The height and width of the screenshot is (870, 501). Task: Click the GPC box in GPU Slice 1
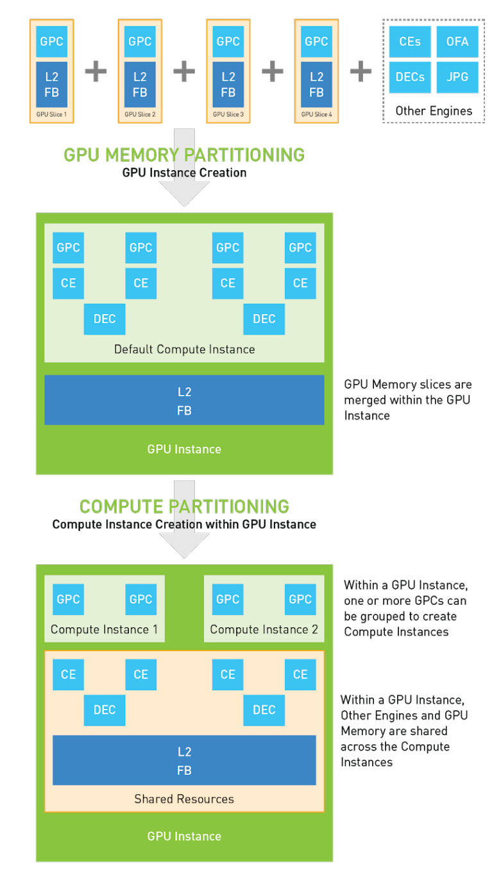51,42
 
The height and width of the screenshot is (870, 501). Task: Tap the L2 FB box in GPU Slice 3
228,85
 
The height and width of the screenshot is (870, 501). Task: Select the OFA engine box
457,42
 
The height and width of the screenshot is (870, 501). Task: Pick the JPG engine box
457,77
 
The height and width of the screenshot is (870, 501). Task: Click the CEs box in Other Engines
410,42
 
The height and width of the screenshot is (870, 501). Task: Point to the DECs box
410,77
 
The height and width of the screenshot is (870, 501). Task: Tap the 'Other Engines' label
434,110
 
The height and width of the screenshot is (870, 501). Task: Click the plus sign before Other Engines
361,71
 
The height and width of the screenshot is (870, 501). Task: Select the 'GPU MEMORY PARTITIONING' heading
184,155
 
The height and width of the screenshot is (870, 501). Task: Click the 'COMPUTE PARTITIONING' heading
184,506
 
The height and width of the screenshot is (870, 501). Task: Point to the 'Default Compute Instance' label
184,349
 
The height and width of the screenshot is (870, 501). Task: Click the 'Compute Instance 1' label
104,629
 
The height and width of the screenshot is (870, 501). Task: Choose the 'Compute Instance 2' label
264,629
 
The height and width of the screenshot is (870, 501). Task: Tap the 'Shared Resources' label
184,799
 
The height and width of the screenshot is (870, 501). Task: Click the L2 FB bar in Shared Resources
184,760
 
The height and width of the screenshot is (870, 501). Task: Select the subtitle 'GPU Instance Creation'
184,173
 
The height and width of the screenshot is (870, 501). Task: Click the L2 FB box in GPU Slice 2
140,85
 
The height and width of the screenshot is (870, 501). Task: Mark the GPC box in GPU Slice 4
316,42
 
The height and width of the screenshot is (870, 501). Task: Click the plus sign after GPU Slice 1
96,71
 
